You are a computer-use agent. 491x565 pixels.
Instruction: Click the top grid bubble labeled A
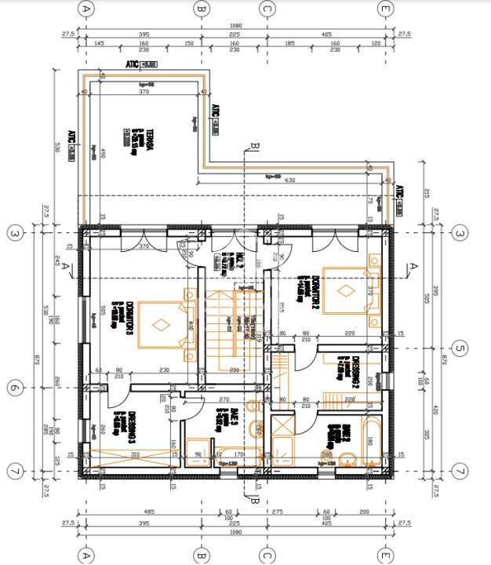(x=86, y=9)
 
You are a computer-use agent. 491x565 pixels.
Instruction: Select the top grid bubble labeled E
(x=384, y=9)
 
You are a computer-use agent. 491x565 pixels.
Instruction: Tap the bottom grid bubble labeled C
(x=267, y=556)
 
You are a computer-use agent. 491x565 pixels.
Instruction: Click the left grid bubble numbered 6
(x=13, y=388)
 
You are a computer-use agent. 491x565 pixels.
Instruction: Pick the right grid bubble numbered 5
(x=460, y=348)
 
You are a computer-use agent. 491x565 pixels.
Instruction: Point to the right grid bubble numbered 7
(x=460, y=471)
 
